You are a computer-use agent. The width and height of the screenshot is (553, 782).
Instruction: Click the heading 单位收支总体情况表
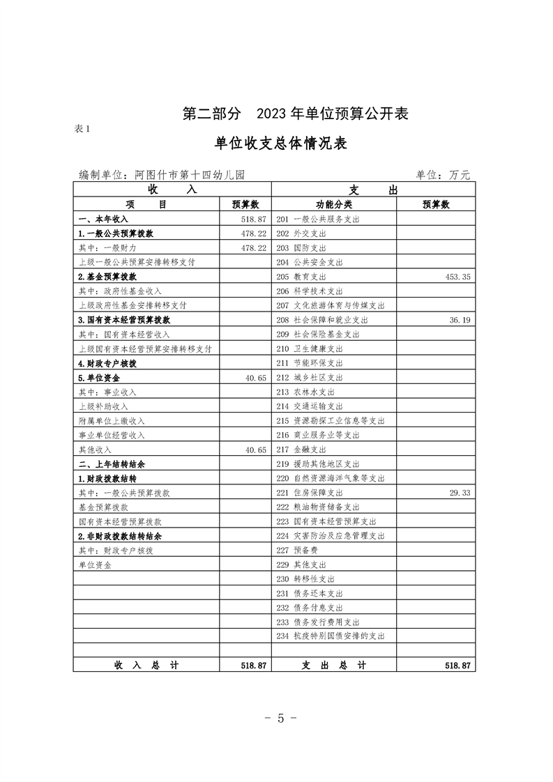pos(281,144)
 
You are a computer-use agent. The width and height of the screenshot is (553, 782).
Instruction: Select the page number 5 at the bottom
pos(281,719)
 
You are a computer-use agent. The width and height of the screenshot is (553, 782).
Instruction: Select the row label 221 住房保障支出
pos(314,493)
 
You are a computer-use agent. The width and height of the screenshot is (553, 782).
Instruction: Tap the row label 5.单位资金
pos(98,377)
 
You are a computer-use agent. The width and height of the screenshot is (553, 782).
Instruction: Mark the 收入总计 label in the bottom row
pos(146,666)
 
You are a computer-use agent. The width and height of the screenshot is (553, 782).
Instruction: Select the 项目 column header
pos(146,205)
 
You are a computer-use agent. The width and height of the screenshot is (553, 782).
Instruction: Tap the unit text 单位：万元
pos(443,175)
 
